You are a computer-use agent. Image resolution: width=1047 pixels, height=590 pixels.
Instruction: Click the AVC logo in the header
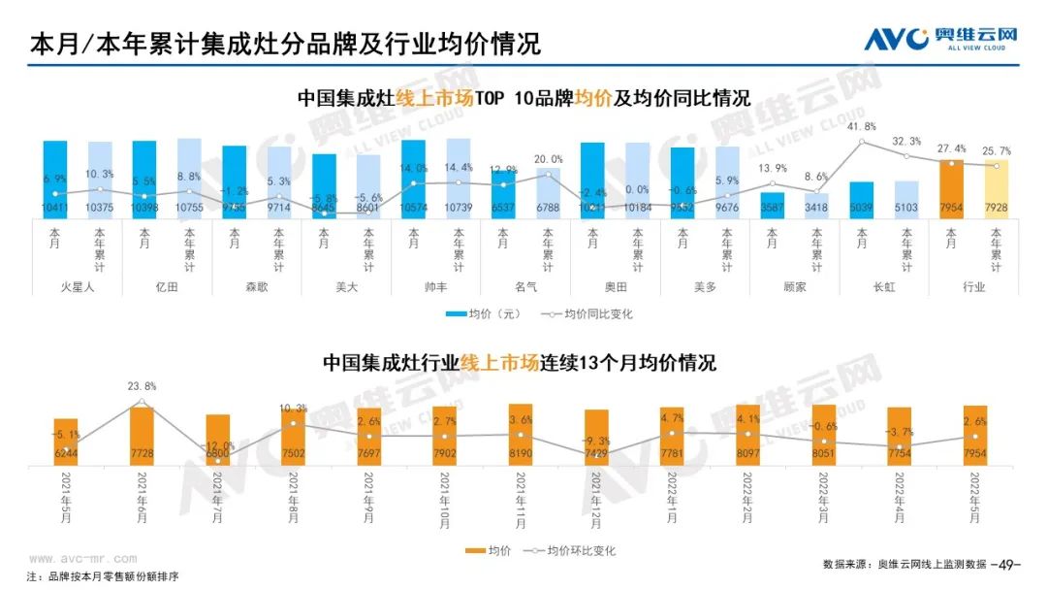click(940, 39)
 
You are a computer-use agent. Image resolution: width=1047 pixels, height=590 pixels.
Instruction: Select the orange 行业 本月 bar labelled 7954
click(951, 189)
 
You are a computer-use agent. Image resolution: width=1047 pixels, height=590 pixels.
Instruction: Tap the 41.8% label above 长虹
click(862, 127)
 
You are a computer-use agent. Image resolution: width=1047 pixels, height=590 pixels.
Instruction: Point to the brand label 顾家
click(795, 287)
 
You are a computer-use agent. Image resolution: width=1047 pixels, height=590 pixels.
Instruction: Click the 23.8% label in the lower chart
click(142, 386)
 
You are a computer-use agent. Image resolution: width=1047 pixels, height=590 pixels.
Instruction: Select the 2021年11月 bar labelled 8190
click(521, 435)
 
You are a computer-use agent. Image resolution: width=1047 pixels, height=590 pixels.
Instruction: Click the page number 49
click(1010, 564)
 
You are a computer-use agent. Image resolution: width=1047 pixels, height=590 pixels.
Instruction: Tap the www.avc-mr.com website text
click(79, 559)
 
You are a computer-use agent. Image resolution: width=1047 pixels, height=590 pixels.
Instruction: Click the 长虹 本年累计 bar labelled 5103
click(906, 199)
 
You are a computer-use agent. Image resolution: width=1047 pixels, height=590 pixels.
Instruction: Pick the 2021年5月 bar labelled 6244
click(66, 442)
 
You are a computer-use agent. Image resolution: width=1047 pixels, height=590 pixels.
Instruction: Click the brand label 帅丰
click(436, 287)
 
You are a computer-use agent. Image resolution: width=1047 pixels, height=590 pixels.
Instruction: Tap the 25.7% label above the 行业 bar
click(996, 152)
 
